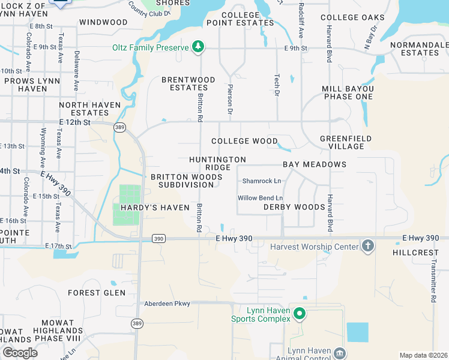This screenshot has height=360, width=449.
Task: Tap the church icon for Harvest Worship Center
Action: click(368, 245)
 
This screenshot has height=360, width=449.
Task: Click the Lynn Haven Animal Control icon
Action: click(340, 353)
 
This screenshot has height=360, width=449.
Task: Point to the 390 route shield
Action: click(158, 238)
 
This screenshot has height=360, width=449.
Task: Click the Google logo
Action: click(20, 353)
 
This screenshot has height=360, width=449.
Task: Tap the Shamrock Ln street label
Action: click(261, 181)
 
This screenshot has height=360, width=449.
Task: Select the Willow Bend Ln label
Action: click(260, 198)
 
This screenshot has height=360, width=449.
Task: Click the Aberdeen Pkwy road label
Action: click(166, 304)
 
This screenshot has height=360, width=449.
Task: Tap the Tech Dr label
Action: click(277, 85)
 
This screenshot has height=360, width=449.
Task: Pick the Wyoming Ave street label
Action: click(43, 147)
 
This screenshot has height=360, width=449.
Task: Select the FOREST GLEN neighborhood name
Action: click(97, 293)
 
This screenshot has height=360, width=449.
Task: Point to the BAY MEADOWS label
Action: click(315, 164)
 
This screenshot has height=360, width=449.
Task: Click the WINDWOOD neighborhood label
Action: click(103, 22)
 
